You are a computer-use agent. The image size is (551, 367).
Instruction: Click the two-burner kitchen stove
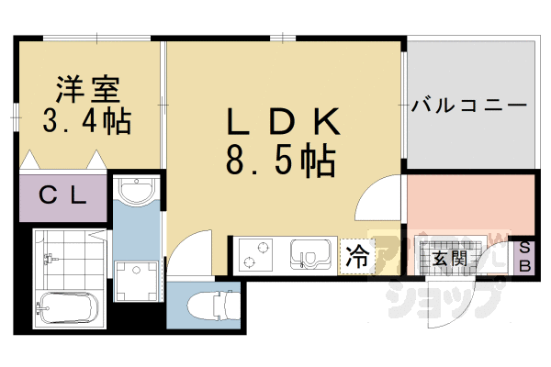pyautogui.click(x=258, y=253)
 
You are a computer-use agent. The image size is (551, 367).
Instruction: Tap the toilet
pyautogui.click(x=209, y=302)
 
